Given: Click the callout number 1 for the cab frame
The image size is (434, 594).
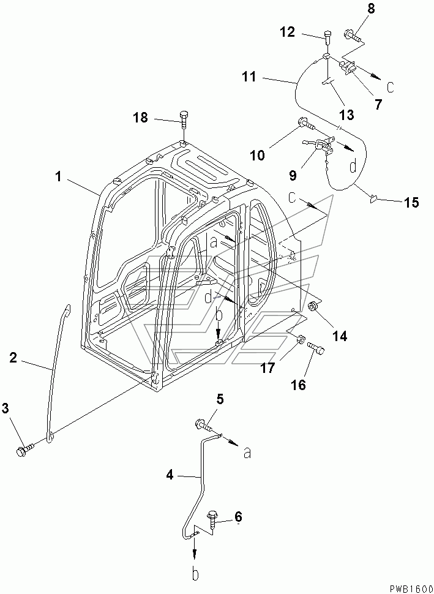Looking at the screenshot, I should [x=58, y=177].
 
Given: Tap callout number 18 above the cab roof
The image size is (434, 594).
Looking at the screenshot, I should [x=141, y=117].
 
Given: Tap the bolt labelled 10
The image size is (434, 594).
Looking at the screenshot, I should [x=305, y=126].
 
